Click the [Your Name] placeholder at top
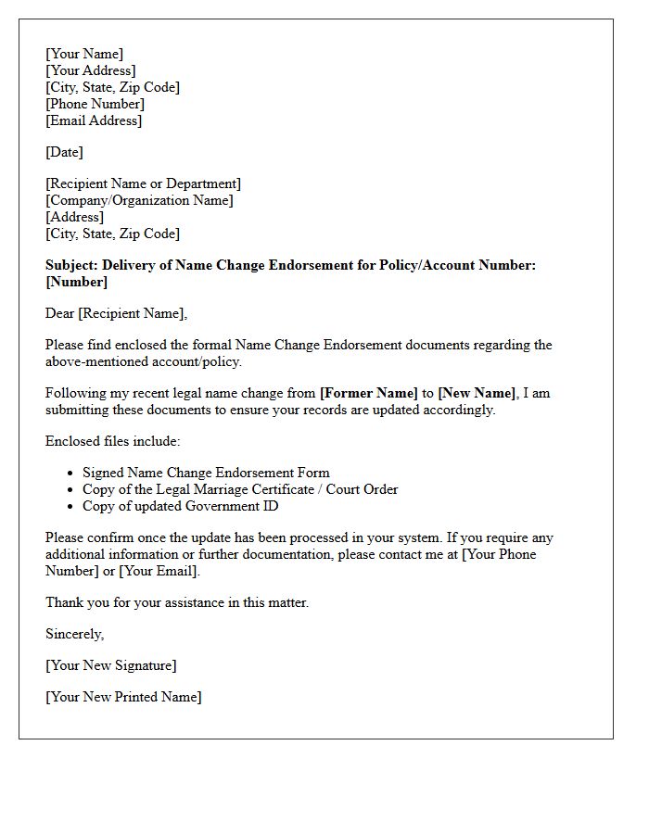click(84, 54)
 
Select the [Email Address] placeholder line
click(94, 120)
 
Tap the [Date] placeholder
click(64, 152)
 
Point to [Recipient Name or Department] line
click(143, 183)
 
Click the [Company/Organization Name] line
click(139, 200)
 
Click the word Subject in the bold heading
click(71, 265)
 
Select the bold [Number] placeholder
click(76, 282)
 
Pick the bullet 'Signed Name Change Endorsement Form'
click(206, 473)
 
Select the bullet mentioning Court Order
click(240, 489)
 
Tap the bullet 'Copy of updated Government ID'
click(180, 506)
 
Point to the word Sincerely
click(74, 634)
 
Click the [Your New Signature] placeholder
click(110, 665)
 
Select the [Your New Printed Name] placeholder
click(123, 697)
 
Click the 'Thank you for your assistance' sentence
click(177, 602)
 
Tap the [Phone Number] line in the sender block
click(95, 104)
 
